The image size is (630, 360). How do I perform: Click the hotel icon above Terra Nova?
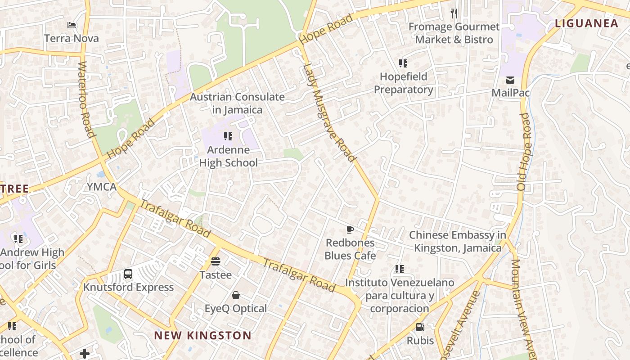tap(71, 25)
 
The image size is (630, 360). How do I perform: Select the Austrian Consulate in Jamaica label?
tap(237, 103)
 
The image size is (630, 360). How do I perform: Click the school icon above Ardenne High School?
tap(228, 136)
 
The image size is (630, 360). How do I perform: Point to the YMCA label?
tap(102, 187)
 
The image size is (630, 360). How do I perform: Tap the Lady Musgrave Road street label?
tap(329, 112)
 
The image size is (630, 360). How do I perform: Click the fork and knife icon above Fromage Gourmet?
tap(454, 13)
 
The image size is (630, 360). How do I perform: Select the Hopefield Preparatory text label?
tap(403, 83)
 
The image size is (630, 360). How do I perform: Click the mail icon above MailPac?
tap(510, 80)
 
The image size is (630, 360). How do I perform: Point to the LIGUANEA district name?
tap(586, 23)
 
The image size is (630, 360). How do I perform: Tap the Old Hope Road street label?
tap(524, 151)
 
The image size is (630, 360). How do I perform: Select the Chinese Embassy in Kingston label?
tap(458, 241)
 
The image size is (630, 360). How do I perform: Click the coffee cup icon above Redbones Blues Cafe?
tap(350, 230)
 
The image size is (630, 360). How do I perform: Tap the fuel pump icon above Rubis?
tap(420, 327)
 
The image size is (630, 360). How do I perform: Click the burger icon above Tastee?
tap(216, 261)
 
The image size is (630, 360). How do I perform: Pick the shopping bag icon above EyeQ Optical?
tap(235, 295)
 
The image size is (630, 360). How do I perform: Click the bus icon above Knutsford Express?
tap(128, 274)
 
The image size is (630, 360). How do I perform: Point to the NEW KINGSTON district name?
tap(202, 335)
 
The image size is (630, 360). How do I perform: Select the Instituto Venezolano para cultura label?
tap(400, 295)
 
